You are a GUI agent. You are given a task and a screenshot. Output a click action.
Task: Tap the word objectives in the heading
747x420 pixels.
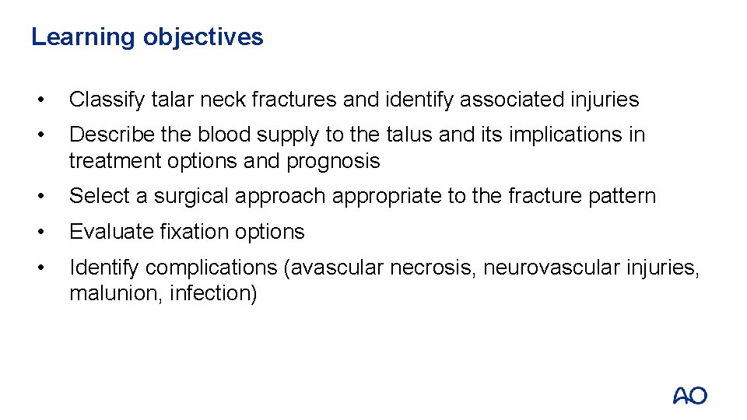coord(203,37)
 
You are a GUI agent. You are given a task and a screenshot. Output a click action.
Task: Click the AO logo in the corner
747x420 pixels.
coord(689,395)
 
